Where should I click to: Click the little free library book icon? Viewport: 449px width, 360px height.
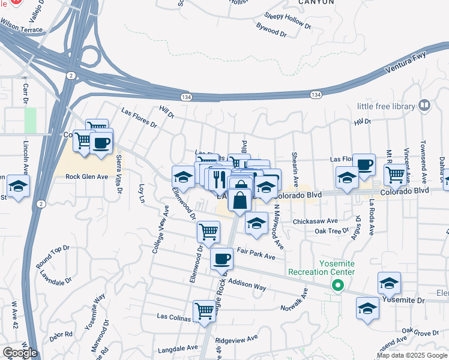click(425, 106)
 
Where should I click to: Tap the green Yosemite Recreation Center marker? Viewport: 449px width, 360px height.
click(338, 287)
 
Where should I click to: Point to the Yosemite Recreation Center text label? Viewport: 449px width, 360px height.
click(322, 268)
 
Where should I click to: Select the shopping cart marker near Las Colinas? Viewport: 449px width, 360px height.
click(205, 311)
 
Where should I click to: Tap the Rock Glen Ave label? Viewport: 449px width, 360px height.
click(86, 176)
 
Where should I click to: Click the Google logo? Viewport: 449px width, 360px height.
click(19, 353)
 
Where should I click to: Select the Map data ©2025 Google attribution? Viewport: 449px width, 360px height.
click(412, 355)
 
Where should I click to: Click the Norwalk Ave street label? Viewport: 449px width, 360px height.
click(294, 301)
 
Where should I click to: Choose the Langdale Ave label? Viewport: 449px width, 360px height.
click(178, 348)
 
